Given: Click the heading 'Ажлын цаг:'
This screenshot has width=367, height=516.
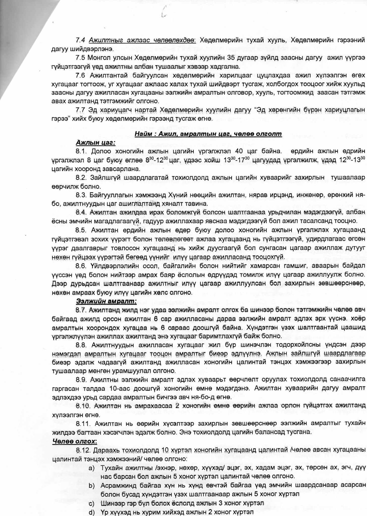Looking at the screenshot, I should pyautogui.click(x=96, y=143).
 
